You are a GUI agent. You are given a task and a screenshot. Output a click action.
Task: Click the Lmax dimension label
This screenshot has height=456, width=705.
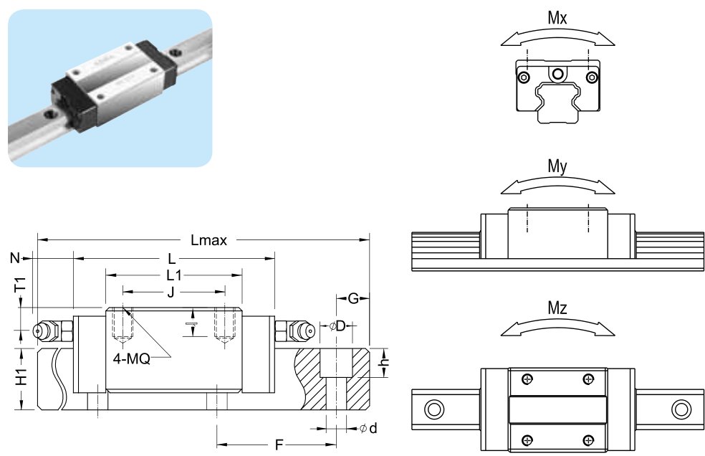(208, 241)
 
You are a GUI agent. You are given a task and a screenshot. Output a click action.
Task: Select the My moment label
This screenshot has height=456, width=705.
(557, 167)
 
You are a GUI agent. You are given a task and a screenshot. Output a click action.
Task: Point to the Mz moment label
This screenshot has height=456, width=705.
(557, 309)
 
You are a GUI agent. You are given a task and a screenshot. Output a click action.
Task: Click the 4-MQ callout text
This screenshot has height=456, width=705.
(130, 358)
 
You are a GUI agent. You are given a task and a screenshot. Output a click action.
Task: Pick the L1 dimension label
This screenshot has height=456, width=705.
(174, 275)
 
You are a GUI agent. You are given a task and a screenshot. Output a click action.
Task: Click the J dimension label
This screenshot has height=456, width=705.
(171, 292)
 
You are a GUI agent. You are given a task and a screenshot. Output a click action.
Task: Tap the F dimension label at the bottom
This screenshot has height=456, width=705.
(279, 445)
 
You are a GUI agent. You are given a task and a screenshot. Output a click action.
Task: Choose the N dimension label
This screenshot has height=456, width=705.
(15, 257)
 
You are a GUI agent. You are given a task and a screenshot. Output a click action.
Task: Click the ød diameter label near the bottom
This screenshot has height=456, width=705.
(368, 428)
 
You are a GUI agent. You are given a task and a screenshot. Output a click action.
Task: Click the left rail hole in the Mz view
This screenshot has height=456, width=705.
(433, 409)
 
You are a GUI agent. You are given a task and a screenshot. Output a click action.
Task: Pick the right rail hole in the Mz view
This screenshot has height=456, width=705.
(679, 409)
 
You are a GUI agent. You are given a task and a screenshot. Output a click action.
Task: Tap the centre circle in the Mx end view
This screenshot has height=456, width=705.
(558, 72)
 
